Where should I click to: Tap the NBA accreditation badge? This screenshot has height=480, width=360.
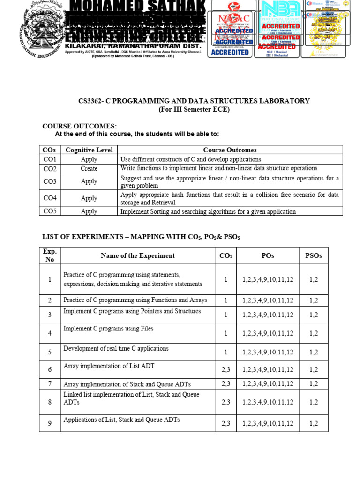280,29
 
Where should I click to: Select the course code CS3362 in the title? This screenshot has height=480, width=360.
90,101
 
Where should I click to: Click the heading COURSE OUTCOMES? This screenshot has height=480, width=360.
79,127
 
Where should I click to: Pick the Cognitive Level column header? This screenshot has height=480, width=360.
89,150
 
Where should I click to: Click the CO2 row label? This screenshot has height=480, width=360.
50,168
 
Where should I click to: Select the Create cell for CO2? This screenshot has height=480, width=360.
89,168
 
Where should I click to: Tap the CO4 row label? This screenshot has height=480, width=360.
50,198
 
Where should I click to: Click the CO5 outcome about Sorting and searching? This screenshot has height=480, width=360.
208,211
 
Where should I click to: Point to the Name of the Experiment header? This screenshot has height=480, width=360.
138,255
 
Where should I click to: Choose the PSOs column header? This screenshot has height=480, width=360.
314,255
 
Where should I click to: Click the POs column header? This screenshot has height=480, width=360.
268,255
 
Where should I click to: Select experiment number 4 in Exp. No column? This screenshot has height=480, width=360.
50,333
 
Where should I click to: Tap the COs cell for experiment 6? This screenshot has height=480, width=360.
226,369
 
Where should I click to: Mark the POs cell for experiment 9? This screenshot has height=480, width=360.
268,423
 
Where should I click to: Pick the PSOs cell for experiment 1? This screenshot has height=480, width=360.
314,279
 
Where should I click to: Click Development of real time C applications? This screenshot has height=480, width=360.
116,349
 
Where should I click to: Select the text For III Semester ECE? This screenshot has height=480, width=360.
194,110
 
